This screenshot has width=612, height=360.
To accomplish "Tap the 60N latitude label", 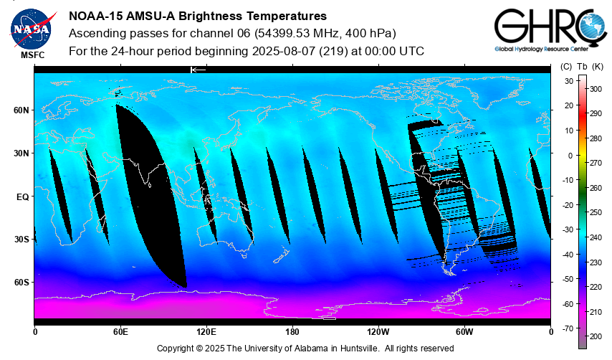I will click(21, 110).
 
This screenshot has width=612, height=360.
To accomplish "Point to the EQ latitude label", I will click(21, 196).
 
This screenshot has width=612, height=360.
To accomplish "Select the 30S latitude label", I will click(21, 239).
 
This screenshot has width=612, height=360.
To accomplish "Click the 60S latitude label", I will click(21, 282).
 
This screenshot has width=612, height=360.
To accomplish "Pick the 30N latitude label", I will click(21, 153).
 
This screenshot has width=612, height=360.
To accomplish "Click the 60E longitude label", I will click(120, 331).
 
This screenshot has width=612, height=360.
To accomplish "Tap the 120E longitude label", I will click(206, 331).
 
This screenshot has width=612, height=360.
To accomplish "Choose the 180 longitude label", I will click(292, 331).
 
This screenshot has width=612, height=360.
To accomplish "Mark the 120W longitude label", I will click(378, 331).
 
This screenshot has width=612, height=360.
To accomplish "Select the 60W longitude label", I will click(464, 331).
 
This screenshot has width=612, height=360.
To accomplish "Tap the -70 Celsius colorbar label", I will click(565, 328).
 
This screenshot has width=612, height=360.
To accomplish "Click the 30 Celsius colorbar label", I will click(567, 81).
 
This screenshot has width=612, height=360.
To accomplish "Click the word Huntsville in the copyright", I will click(359, 349).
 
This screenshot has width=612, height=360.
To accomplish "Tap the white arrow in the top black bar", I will click(198, 70).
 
